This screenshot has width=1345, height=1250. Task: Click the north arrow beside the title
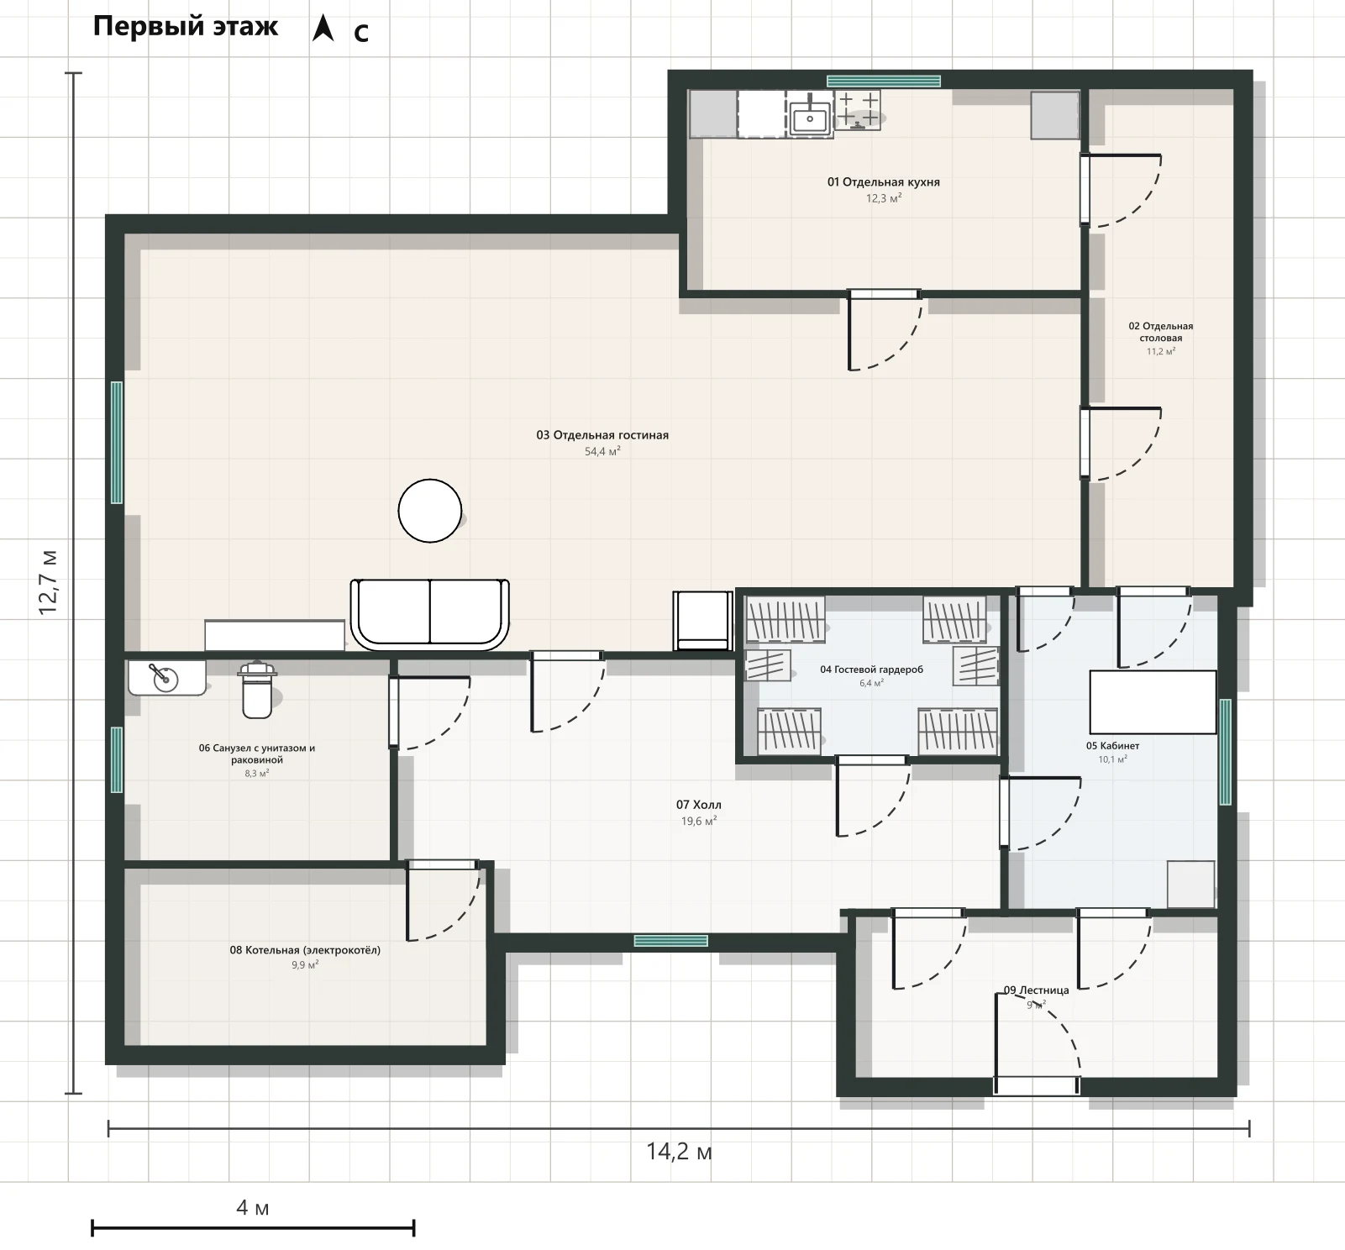tap(323, 28)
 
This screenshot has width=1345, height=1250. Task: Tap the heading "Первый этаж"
tap(186, 26)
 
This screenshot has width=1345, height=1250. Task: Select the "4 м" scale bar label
tap(253, 1208)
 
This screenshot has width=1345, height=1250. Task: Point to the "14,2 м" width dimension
tap(679, 1151)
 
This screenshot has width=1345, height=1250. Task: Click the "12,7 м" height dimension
tap(49, 583)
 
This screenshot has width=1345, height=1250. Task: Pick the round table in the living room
tap(430, 511)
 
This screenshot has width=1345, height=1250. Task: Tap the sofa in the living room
tap(430, 614)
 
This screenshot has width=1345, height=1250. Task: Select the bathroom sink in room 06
tap(167, 677)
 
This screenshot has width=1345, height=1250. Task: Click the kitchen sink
tap(810, 118)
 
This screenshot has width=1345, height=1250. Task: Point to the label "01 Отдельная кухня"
tap(884, 182)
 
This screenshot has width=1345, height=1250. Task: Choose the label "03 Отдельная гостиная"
tap(602, 435)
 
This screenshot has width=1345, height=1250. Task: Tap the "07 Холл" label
tap(699, 805)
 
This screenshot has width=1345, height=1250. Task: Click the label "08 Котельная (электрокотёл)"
tap(305, 950)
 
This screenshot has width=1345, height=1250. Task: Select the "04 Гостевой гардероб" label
tap(871, 670)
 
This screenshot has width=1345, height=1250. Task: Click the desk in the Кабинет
tap(1153, 702)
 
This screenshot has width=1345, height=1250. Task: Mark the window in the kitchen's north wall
tap(884, 81)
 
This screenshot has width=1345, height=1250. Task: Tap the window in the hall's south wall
tap(671, 941)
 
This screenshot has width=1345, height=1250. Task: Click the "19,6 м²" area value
tap(699, 822)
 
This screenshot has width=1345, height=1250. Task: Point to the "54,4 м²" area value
tap(602, 452)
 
